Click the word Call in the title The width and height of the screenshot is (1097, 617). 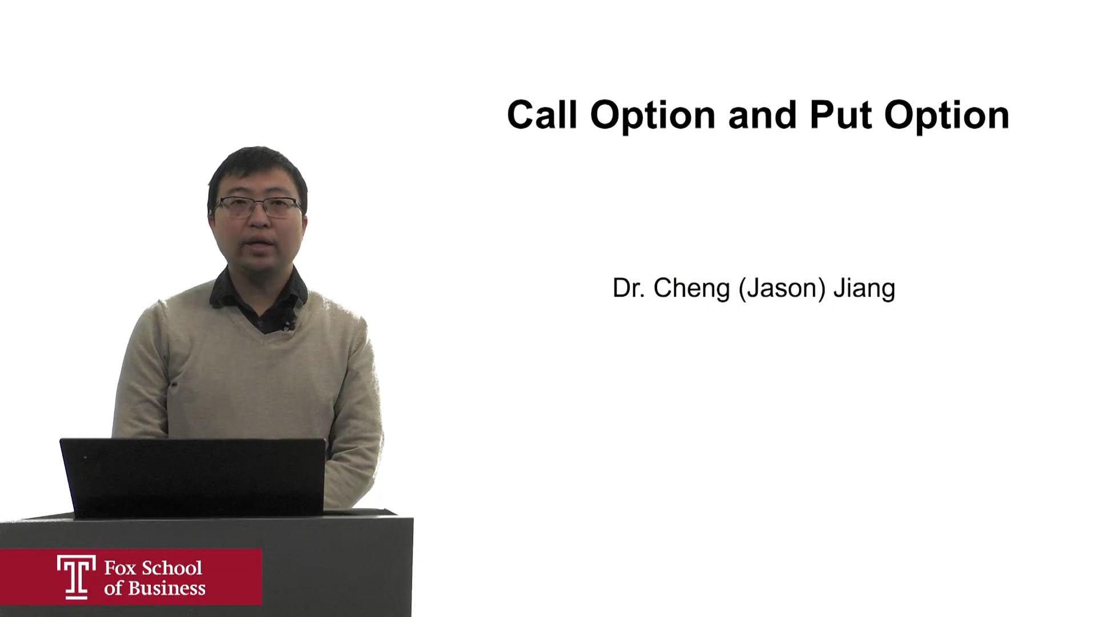click(x=542, y=115)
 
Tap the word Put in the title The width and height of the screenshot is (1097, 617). click(x=841, y=115)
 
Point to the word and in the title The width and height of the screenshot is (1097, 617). click(x=763, y=115)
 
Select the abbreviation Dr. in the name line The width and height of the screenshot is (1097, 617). click(x=628, y=288)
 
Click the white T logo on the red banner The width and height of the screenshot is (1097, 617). click(x=77, y=576)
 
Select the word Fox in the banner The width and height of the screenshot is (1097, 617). click(x=120, y=568)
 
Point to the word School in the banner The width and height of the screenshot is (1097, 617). click(x=172, y=568)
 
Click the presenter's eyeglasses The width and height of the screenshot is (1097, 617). click(x=258, y=206)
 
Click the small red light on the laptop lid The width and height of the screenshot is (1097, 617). click(x=86, y=457)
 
